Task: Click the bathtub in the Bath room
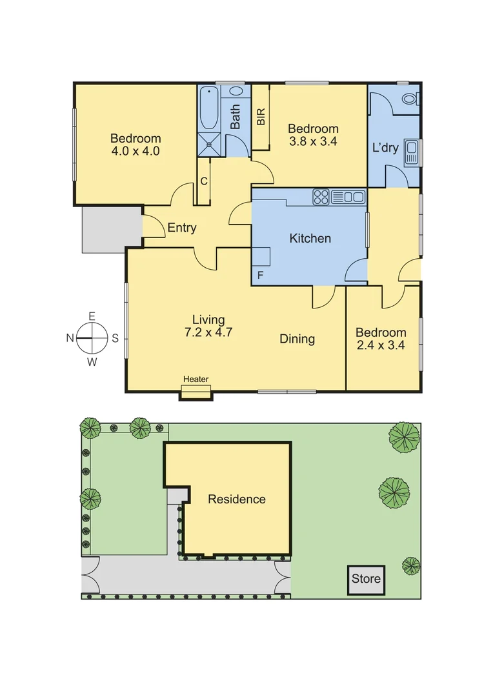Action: (x=208, y=108)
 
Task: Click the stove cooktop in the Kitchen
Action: (x=321, y=196)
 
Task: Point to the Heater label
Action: (x=196, y=379)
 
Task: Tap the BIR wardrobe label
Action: (x=261, y=117)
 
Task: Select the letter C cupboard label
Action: (x=203, y=181)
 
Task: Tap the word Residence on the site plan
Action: (x=236, y=499)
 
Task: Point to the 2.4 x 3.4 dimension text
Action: (x=381, y=346)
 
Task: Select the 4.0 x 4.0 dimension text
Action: (x=135, y=152)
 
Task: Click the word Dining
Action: (x=297, y=339)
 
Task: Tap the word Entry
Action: (x=181, y=228)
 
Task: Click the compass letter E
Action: (x=92, y=316)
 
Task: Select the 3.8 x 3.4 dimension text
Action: (x=313, y=142)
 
